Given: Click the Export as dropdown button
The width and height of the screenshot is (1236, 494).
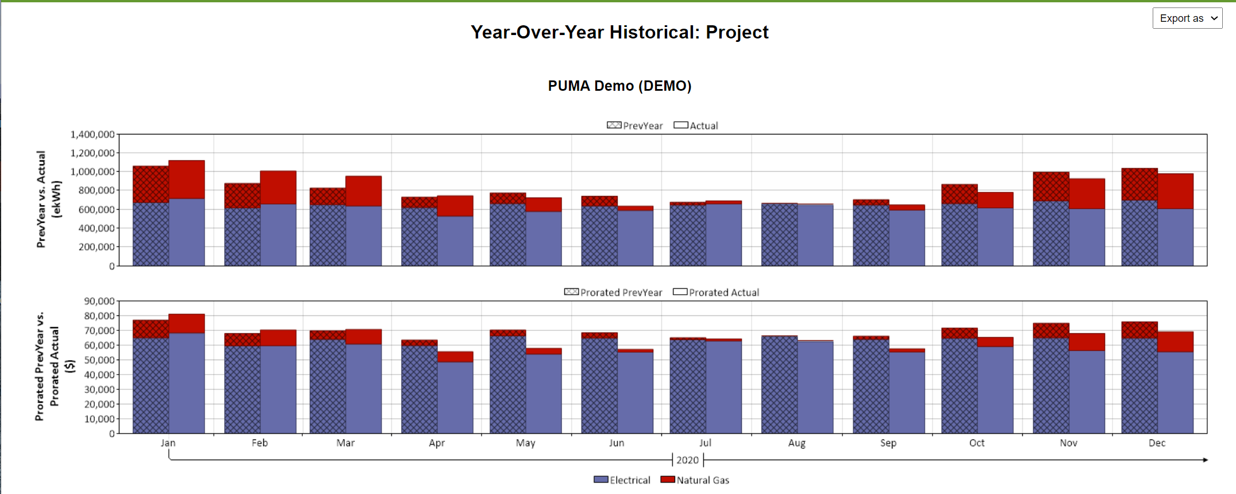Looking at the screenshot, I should point(1187,18).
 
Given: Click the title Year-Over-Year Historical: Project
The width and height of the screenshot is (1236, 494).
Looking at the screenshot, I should point(619,32).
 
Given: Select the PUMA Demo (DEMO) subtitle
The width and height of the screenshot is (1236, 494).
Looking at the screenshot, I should point(619,86).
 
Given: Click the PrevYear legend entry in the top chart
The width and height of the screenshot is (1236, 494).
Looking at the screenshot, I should point(634,126).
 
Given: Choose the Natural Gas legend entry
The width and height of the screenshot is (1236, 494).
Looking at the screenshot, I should point(695,480).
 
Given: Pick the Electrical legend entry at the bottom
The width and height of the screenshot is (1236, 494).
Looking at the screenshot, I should point(622,480).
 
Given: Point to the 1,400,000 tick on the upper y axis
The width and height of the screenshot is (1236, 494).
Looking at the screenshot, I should point(92,134).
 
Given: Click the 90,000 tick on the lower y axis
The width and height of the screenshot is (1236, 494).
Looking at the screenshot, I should point(99,301).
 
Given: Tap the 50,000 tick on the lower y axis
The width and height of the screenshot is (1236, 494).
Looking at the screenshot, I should point(99,360).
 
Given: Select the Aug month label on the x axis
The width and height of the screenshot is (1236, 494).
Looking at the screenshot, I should point(796,443).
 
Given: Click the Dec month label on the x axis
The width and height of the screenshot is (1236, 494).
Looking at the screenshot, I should point(1157,443).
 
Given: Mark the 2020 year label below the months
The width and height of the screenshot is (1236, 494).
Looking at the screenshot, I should point(687,460).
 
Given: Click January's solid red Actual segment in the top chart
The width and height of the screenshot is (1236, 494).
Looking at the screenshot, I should point(187,179).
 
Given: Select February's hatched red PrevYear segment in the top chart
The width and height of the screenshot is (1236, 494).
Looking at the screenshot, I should point(242,195).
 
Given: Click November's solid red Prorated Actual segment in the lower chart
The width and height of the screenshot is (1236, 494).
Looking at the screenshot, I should point(1087,342).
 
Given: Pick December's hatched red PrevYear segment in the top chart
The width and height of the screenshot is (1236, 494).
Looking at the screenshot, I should point(1139,184).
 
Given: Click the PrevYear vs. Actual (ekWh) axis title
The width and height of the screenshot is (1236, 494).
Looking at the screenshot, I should point(48,199).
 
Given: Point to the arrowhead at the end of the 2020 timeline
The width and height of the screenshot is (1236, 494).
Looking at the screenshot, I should point(1205,460).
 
